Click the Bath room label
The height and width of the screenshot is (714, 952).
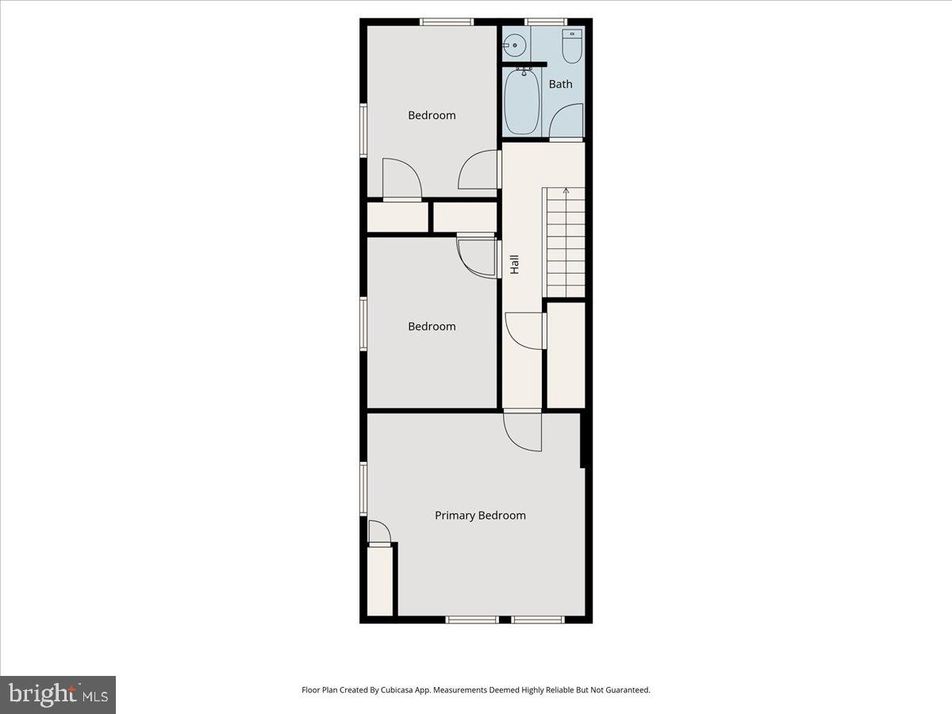pos(560,84)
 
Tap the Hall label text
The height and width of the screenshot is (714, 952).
pos(514,264)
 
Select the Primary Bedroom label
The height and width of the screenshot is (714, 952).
pos(480,516)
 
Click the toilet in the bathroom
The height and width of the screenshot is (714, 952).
pos(571,46)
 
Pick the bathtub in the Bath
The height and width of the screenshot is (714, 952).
pos(522,102)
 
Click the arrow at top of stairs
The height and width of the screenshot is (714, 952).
pos(566,191)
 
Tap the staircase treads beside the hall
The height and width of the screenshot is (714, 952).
pos(564,242)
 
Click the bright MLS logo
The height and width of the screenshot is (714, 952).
pos(58,694)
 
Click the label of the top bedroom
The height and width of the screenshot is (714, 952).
pos(432,115)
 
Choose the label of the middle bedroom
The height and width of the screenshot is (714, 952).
pos(432,326)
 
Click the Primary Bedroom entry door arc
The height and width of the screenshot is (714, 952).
pos(523,432)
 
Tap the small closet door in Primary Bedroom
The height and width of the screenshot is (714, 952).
pos(379,532)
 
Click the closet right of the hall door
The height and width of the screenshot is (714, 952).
pos(566,355)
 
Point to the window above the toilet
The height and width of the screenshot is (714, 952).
pos(547,21)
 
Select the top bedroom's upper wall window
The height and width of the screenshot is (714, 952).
pos(447,21)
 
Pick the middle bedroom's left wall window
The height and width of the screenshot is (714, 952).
pos(363,324)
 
